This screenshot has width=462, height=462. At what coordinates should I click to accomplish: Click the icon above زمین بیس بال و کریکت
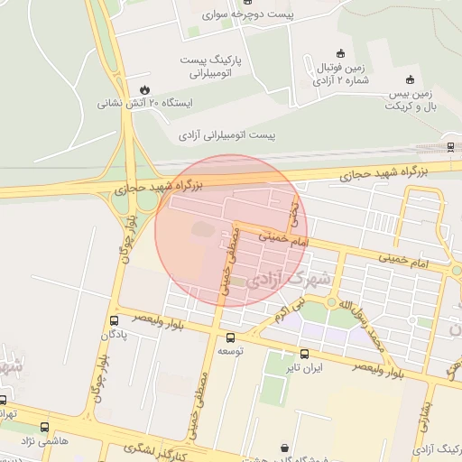click(411, 79)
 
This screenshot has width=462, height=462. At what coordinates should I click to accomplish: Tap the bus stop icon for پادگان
click(114, 321)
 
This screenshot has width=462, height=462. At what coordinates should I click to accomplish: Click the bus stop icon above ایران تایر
click(304, 355)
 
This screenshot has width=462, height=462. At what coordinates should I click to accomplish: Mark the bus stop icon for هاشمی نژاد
click(44, 427)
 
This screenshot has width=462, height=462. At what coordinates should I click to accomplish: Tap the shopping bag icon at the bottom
click(285, 448)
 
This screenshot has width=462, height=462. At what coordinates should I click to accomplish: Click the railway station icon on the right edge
click(450, 145)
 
